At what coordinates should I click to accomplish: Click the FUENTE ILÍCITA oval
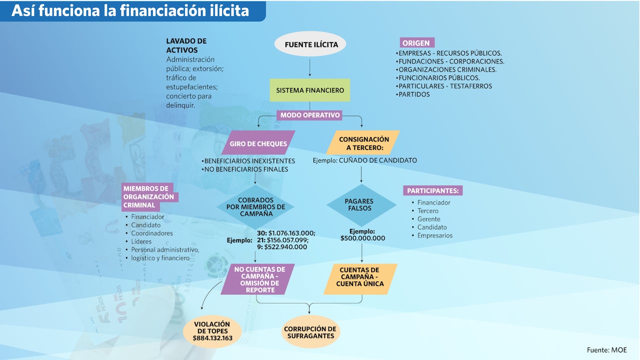(310, 44)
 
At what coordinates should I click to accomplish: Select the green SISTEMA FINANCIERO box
(310, 90)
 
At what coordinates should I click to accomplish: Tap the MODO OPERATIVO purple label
(310, 115)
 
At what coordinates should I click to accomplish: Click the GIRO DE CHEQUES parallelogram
(258, 143)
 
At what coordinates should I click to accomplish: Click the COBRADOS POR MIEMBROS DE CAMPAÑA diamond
(255, 206)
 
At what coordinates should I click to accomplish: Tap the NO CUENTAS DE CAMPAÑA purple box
(257, 279)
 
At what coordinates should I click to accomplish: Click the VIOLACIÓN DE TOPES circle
(212, 331)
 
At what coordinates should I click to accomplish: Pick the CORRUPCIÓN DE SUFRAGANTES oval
(310, 332)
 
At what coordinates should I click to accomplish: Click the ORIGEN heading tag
(416, 43)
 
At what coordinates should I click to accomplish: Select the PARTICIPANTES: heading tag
(432, 190)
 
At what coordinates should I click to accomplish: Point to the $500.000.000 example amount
(362, 238)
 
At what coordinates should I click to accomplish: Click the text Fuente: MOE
(606, 350)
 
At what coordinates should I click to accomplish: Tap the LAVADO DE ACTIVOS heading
(186, 45)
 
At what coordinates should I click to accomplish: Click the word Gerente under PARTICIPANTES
(429, 219)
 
